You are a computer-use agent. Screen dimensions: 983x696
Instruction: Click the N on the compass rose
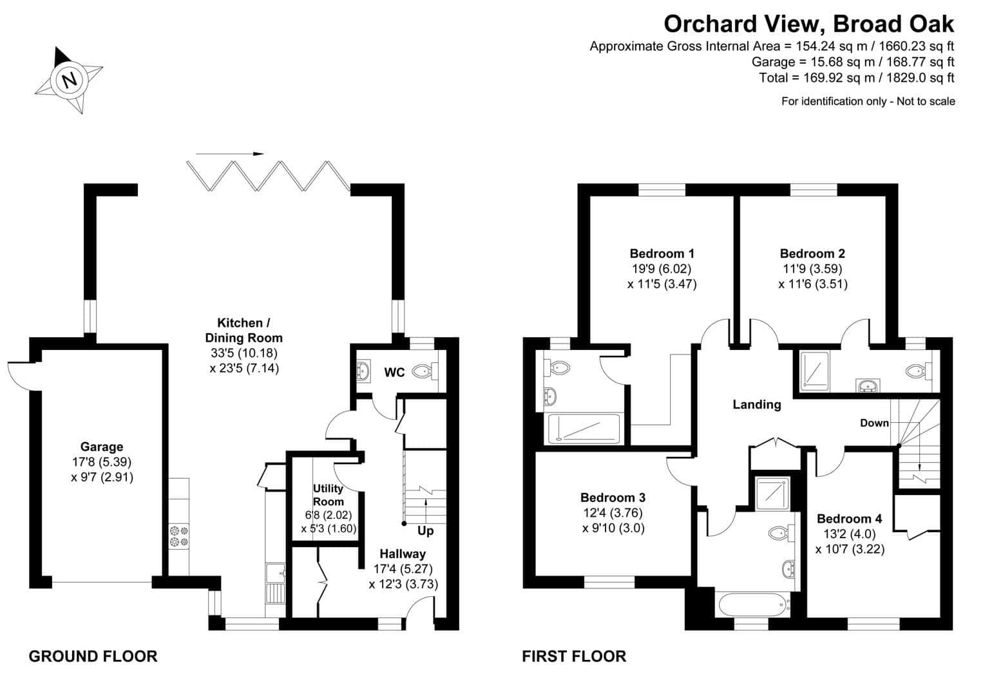pyautogui.click(x=70, y=81)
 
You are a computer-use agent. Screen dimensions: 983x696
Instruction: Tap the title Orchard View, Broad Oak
pyautogui.click(x=809, y=24)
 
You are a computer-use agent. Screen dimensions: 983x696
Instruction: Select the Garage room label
pyautogui.click(x=102, y=447)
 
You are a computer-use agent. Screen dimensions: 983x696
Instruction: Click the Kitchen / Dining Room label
pyautogui.click(x=244, y=330)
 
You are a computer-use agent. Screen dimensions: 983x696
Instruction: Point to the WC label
pyautogui.click(x=394, y=372)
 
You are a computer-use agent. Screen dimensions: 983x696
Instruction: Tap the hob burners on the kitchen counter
pyautogui.click(x=179, y=536)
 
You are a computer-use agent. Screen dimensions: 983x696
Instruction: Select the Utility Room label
pyautogui.click(x=329, y=495)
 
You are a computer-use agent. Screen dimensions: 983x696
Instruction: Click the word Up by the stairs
pyautogui.click(x=425, y=531)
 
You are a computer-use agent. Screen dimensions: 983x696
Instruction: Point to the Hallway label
pyautogui.click(x=403, y=554)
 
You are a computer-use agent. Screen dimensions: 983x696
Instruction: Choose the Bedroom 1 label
pyautogui.click(x=662, y=253)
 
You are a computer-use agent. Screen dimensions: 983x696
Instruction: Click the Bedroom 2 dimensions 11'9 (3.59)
pyautogui.click(x=813, y=268)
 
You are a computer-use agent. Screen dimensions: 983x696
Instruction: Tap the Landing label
pyautogui.click(x=757, y=405)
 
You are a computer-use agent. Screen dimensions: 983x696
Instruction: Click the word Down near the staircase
pyautogui.click(x=875, y=423)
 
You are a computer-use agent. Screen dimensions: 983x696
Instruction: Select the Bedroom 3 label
pyautogui.click(x=613, y=498)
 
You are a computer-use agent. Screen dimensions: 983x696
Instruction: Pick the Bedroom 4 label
pyautogui.click(x=850, y=519)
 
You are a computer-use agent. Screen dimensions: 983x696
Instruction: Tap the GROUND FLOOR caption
pyautogui.click(x=93, y=656)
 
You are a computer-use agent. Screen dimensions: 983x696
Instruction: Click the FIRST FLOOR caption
pyautogui.click(x=574, y=656)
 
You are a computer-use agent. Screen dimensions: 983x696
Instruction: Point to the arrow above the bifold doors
pyautogui.click(x=229, y=153)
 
